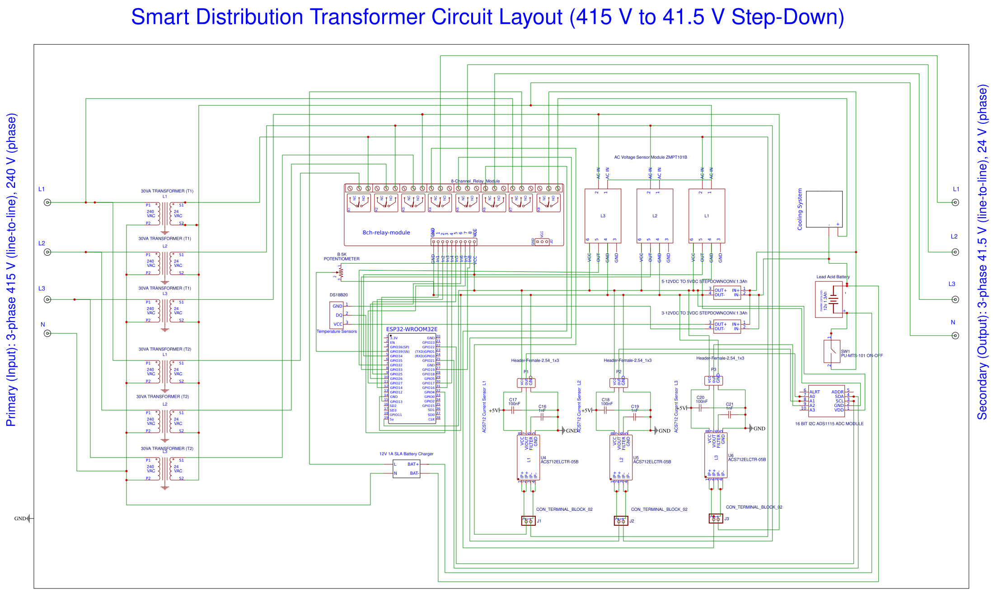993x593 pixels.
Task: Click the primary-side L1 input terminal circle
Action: pyautogui.click(x=47, y=202)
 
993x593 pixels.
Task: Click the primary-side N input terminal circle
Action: pyautogui.click(x=47, y=333)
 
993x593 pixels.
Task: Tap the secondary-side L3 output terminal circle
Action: pyautogui.click(x=955, y=299)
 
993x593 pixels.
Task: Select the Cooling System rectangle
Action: pyautogui.click(x=824, y=209)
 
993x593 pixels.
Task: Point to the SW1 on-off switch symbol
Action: pyautogui.click(x=832, y=351)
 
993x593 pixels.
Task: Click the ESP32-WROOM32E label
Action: pyautogui.click(x=412, y=329)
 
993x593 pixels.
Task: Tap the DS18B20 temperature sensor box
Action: pyautogui.click(x=337, y=315)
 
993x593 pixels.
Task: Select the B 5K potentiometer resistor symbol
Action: pyautogui.click(x=341, y=273)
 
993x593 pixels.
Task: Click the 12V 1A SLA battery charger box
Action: pyautogui.click(x=406, y=468)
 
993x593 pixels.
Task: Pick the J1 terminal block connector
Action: pyautogui.click(x=528, y=521)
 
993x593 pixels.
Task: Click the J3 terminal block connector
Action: pyautogui.click(x=716, y=518)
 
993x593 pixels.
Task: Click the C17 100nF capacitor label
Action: pyautogui.click(x=514, y=402)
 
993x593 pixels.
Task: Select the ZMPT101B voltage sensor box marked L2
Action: pyautogui.click(x=655, y=216)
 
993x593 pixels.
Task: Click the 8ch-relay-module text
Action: pyautogui.click(x=386, y=233)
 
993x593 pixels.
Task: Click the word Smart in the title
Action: pyautogui.click(x=160, y=17)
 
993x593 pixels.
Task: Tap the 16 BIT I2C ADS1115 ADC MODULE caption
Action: pyautogui.click(x=829, y=424)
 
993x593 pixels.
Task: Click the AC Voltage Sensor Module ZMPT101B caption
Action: pyautogui.click(x=650, y=157)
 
